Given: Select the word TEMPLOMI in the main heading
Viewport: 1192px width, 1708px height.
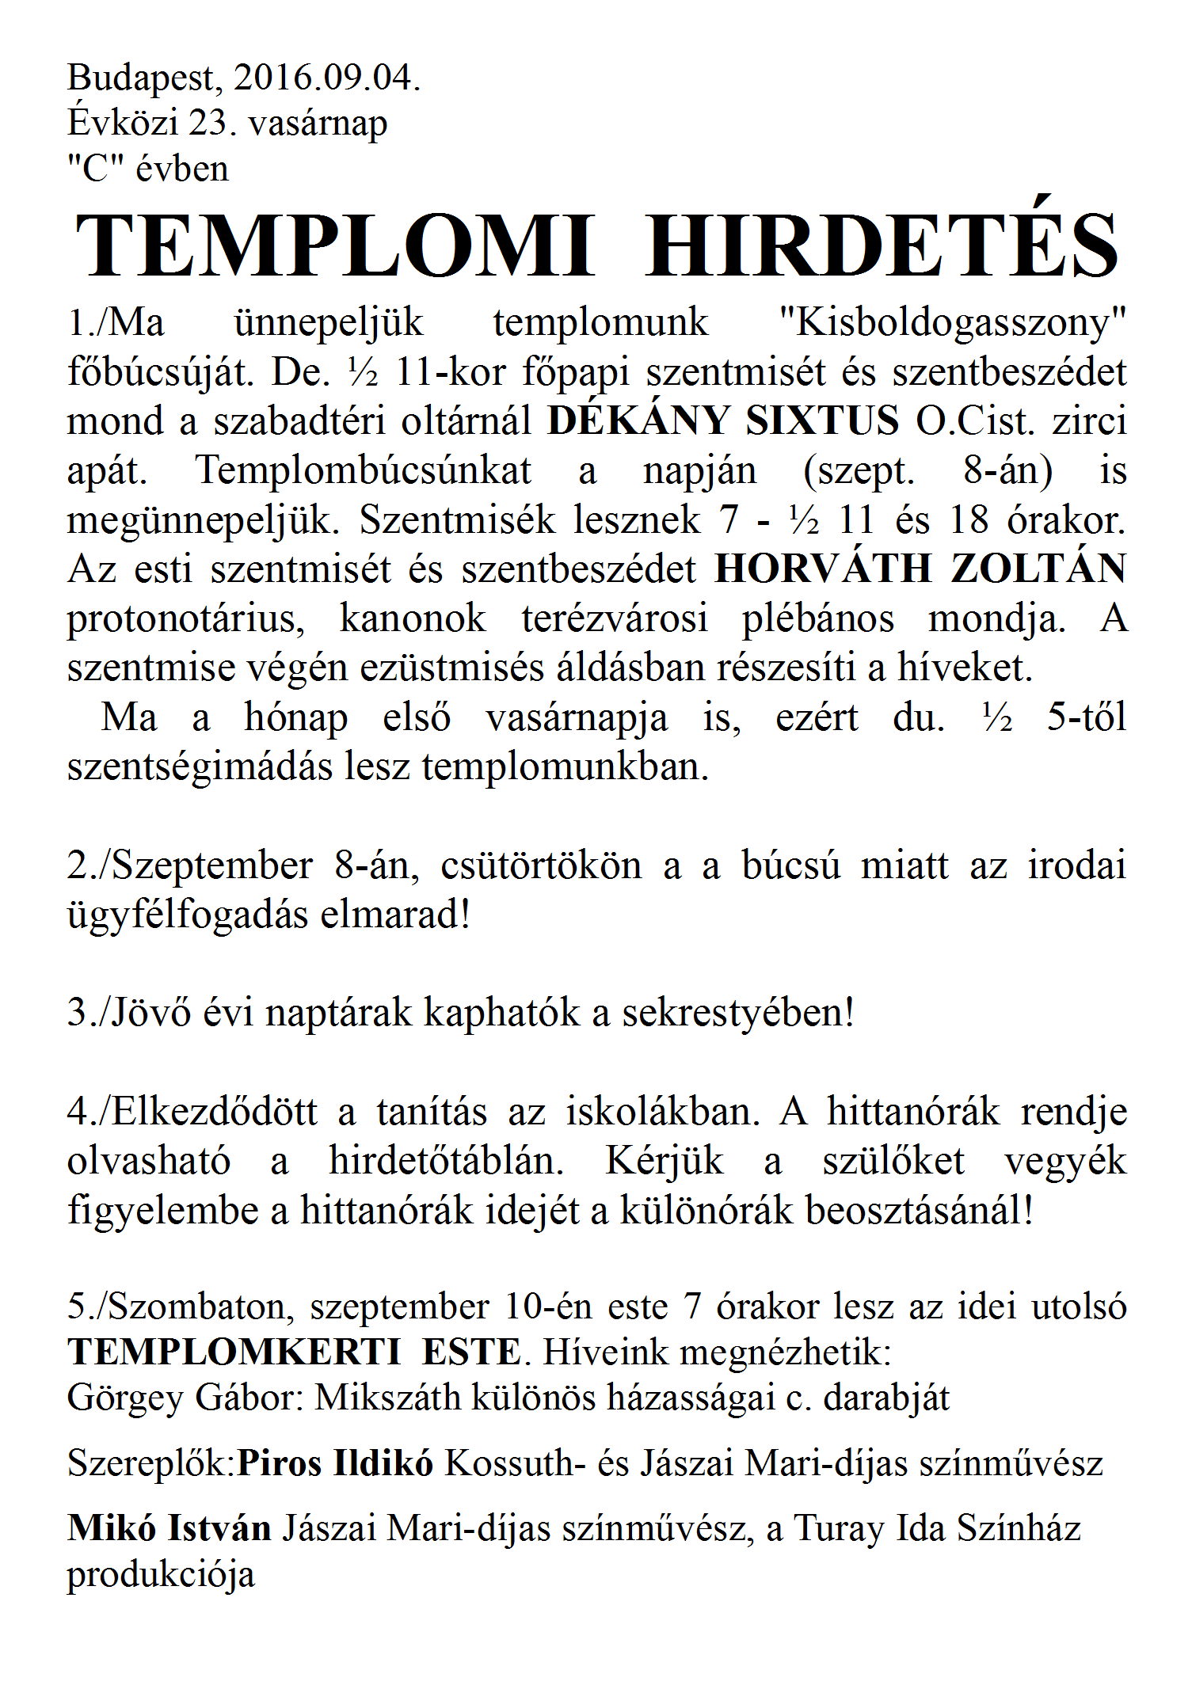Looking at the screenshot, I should pos(334,245).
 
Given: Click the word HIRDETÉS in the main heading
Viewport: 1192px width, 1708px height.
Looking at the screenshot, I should pos(882,245).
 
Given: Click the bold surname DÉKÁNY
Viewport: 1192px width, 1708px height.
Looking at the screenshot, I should pos(638,420).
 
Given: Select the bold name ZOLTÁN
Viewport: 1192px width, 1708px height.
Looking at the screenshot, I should pos(1038,569).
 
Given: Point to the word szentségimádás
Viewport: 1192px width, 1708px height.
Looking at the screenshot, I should pos(199,767).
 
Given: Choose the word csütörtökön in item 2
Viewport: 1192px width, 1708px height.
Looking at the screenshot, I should pos(541,865).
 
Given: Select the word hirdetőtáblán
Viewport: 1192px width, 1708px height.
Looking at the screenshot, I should pos(446,1162).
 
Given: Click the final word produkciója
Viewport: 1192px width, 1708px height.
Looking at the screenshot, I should pos(161,1575).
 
